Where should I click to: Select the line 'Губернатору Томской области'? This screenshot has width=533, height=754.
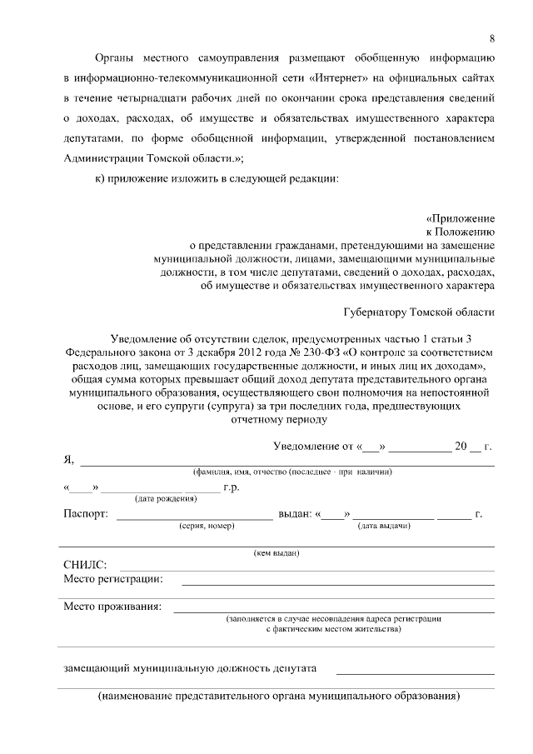(x=419, y=312)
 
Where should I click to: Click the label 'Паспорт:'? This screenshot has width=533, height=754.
(x=86, y=514)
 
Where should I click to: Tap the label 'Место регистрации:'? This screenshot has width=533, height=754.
(x=113, y=579)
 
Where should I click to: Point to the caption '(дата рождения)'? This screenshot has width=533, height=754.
(x=166, y=499)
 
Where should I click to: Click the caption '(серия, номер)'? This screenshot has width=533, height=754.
(x=207, y=527)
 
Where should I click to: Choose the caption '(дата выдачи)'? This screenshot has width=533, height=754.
(x=384, y=527)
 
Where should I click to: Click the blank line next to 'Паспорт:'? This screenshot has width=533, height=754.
(x=194, y=517)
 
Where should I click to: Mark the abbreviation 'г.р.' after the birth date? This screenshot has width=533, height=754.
(x=231, y=487)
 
